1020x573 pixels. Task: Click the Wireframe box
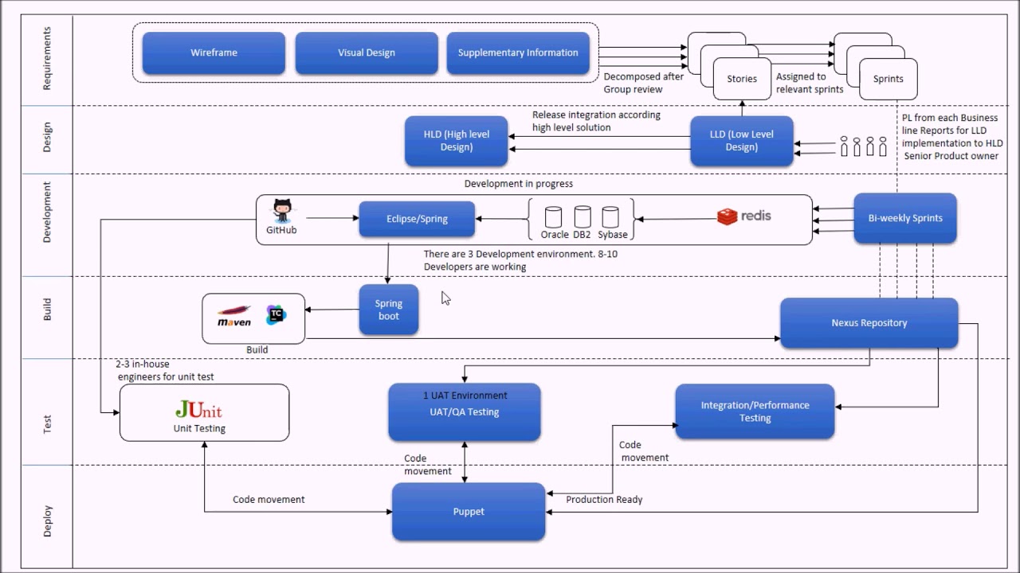pos(214,53)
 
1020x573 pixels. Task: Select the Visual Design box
pos(367,53)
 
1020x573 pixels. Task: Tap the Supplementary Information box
pos(518,53)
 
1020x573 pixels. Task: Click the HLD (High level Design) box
pos(457,141)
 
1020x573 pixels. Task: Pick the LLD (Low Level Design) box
pos(741,141)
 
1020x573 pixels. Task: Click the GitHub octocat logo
pos(282,212)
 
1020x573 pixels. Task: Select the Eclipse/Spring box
pos(417,219)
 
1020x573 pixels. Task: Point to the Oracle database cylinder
pos(553,217)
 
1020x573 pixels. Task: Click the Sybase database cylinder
pos(610,217)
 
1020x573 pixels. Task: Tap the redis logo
pos(744,216)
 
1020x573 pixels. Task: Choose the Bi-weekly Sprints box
pos(905,218)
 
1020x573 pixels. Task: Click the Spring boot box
pos(389,310)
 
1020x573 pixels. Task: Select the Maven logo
pos(234,316)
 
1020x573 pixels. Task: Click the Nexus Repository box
pos(869,323)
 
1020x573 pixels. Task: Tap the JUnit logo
pos(199,411)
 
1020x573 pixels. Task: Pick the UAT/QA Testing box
pos(465,411)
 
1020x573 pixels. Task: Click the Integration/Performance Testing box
pos(755,411)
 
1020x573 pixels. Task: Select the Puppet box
pos(469,512)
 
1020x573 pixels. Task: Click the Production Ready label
pos(604,500)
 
